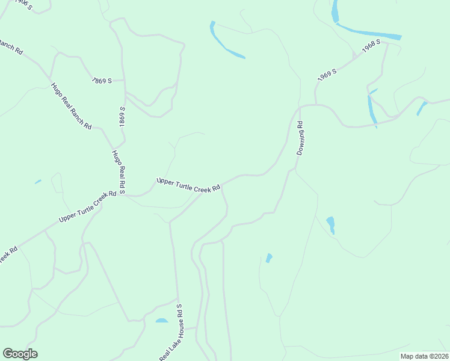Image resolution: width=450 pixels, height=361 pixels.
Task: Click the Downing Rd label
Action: point(300,138)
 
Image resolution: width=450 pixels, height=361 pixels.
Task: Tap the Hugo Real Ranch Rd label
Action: point(71,106)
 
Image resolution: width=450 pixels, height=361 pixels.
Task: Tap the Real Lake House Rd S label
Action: point(171,333)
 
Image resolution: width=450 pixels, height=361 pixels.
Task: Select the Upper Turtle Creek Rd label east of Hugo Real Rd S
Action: point(188,185)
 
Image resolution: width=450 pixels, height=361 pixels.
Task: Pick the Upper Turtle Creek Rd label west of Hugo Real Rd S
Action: point(87,206)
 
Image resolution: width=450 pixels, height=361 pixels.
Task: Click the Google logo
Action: point(20,354)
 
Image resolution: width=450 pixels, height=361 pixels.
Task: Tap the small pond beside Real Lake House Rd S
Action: point(162,321)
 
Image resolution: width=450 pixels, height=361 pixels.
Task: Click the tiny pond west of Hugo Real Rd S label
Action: point(38,182)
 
